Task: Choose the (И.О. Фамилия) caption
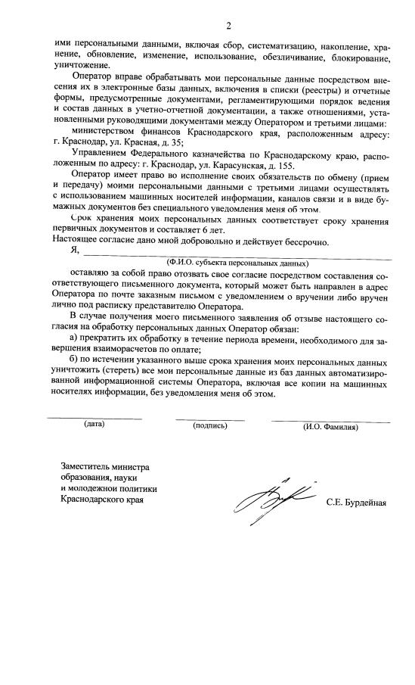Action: (x=330, y=426)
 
